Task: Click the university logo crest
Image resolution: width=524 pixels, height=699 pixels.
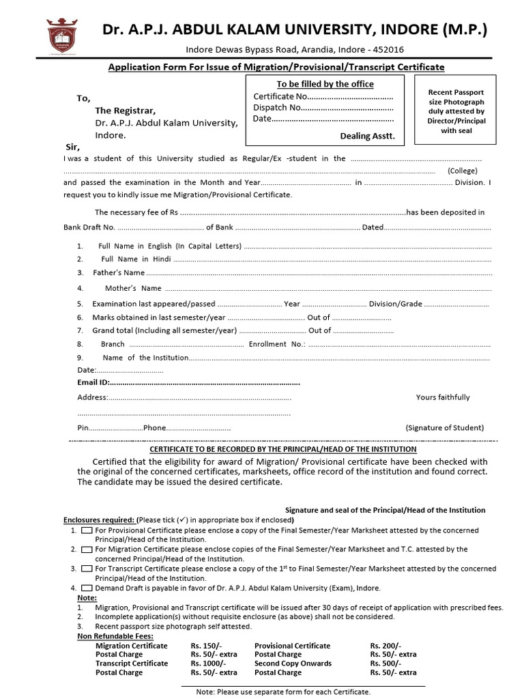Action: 61,37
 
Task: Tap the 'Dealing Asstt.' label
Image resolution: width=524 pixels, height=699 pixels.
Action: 367,137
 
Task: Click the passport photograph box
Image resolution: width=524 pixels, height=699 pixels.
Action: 456,111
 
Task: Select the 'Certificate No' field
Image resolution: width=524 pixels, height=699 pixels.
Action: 323,96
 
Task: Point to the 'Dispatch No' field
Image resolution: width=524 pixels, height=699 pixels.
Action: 323,107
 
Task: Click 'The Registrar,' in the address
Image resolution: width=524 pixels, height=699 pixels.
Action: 125,110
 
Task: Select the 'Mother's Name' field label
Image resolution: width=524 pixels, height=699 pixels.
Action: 133,288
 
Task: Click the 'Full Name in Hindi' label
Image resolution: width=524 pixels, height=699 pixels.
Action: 135,259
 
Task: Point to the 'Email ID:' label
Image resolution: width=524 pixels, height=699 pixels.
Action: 93,382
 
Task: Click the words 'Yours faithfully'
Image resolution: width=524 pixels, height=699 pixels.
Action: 443,397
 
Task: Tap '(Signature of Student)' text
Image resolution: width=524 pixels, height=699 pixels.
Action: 445,428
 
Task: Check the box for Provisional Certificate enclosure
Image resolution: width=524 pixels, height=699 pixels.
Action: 87,530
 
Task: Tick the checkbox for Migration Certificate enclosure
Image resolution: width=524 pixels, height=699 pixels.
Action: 87,549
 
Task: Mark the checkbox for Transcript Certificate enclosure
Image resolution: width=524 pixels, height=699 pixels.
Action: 87,568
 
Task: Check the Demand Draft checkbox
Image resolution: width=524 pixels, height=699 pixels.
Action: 87,588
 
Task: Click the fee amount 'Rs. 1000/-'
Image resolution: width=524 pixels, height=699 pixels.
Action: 208,663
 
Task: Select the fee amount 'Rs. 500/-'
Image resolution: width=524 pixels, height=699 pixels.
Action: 385,663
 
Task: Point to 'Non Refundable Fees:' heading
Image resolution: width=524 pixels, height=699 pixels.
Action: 114,636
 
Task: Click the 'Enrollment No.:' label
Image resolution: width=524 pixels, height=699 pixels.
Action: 277,344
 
